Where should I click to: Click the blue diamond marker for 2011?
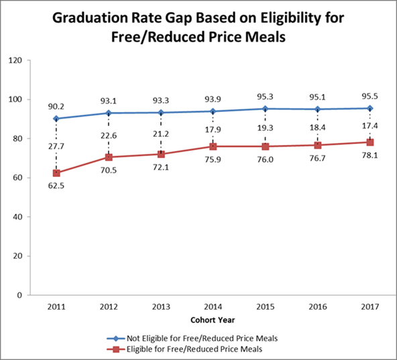coord(56,119)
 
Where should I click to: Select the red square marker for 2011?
coord(56,173)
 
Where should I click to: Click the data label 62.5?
coord(56,188)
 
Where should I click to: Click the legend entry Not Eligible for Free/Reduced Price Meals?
coord(202,338)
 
